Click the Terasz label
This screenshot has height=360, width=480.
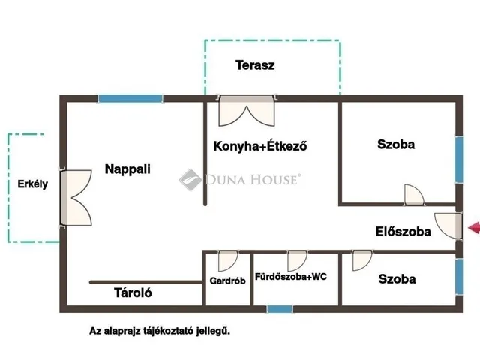pos(255,65)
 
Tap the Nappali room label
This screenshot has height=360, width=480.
pos(127,169)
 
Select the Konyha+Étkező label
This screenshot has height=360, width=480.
pos(260,146)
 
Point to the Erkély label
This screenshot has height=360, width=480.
pos(33,184)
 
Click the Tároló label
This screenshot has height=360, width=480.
pos(133,292)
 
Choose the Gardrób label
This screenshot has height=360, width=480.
pos(227,280)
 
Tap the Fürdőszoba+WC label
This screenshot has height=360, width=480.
pos(291,277)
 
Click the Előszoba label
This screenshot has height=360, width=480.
pos(403,232)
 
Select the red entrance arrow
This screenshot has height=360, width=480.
pos(474,228)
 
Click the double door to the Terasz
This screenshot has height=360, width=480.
pos(247,111)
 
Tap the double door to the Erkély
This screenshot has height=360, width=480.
pos(76,198)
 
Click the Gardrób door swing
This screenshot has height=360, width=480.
pos(228,261)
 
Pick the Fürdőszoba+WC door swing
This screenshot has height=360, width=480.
pos(297,261)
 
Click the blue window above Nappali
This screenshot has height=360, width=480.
pos(130,98)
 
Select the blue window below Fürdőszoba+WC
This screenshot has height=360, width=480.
pos(280,309)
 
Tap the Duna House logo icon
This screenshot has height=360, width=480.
pos(190,180)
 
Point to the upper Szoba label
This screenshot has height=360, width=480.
pos(396,145)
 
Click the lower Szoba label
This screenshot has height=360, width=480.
pos(397,279)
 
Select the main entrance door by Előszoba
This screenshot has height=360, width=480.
pos(448,226)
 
